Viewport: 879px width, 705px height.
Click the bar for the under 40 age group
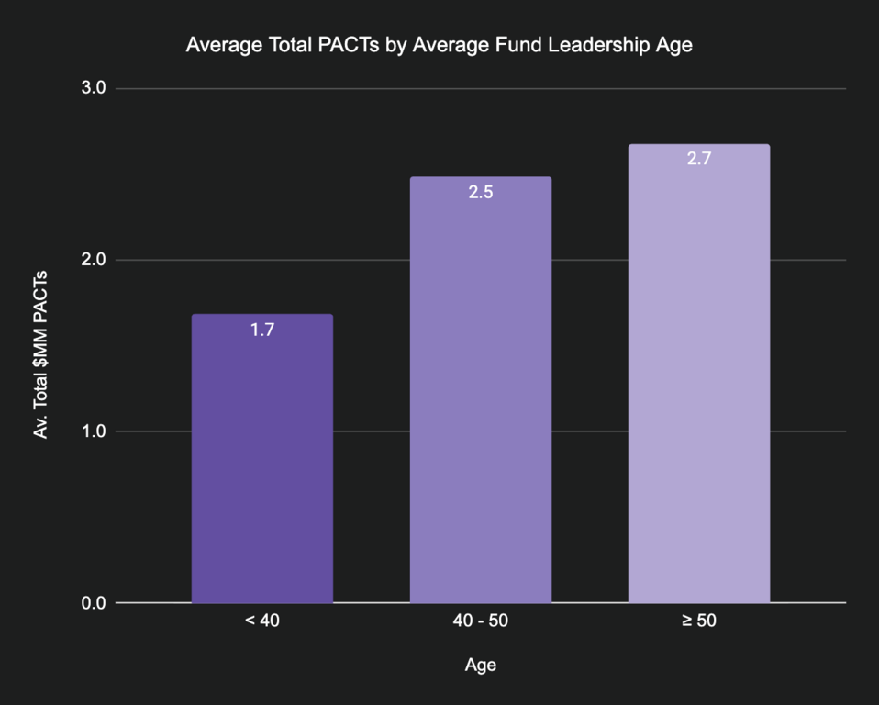262,459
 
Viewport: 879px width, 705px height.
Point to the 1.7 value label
262,330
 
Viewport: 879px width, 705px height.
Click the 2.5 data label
481,193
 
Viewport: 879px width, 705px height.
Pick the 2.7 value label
699,159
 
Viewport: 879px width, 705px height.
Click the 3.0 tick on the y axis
95,88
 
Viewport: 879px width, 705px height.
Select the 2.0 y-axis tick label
95,260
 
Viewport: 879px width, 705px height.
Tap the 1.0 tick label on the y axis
95,431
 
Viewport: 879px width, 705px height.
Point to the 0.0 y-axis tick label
95,603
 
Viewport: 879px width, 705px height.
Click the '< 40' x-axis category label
262,621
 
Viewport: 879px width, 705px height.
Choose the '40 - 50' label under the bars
481,621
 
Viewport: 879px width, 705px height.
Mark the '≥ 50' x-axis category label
699,621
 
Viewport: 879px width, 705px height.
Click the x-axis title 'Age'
481,665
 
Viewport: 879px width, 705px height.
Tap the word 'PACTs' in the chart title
350,44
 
